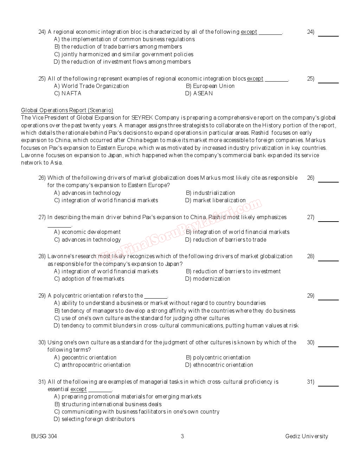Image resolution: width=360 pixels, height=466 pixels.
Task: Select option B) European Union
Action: [x=210, y=86]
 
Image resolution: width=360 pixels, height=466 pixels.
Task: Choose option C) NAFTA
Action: [x=67, y=94]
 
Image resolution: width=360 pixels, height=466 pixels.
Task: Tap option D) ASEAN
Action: [x=199, y=94]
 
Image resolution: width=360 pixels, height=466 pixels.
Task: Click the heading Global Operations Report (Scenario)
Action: [x=67, y=110]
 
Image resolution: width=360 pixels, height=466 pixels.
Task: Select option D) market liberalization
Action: [x=216, y=200]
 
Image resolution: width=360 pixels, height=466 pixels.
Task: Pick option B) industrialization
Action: [x=210, y=193]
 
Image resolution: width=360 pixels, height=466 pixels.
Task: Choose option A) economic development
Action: [x=87, y=232]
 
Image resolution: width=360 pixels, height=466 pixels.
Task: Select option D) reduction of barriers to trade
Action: [x=226, y=240]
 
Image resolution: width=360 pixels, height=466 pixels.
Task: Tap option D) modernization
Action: [x=208, y=279]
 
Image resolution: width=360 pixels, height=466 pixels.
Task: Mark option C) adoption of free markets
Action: [x=89, y=279]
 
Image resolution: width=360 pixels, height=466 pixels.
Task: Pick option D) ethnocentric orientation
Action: [x=219, y=365]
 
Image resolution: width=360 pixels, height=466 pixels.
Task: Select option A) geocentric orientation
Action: [x=85, y=358]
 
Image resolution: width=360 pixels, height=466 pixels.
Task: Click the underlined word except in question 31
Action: [x=78, y=389]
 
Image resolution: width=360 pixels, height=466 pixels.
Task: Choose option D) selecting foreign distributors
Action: [x=94, y=419]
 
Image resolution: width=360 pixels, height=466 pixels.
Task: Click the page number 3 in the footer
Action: [x=182, y=436]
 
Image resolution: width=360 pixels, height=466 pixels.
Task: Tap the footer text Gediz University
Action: [x=307, y=436]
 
